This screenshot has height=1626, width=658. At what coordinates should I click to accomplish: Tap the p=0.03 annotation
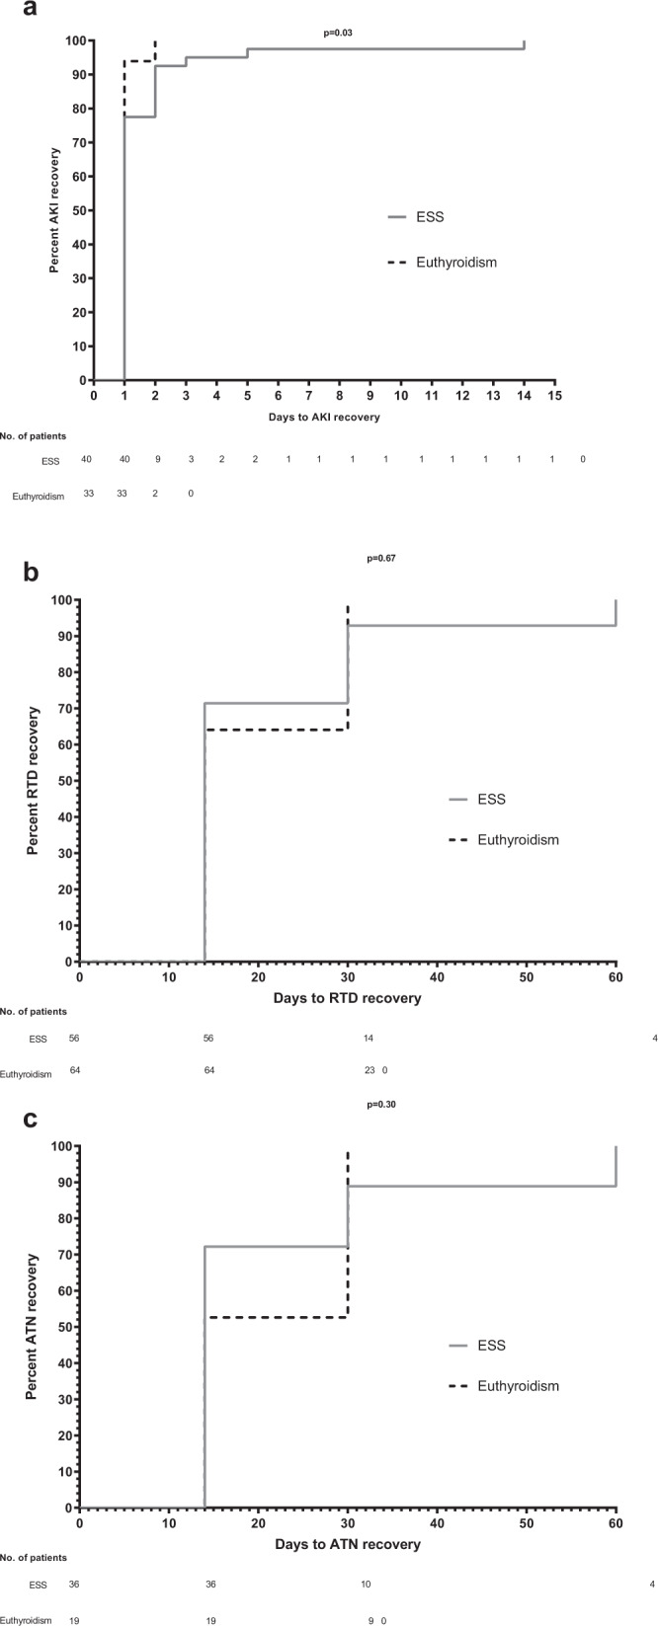tap(338, 34)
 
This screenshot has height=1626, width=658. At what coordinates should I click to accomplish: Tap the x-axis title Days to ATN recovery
tap(347, 1543)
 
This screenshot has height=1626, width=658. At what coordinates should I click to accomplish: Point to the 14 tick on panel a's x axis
tap(524, 396)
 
